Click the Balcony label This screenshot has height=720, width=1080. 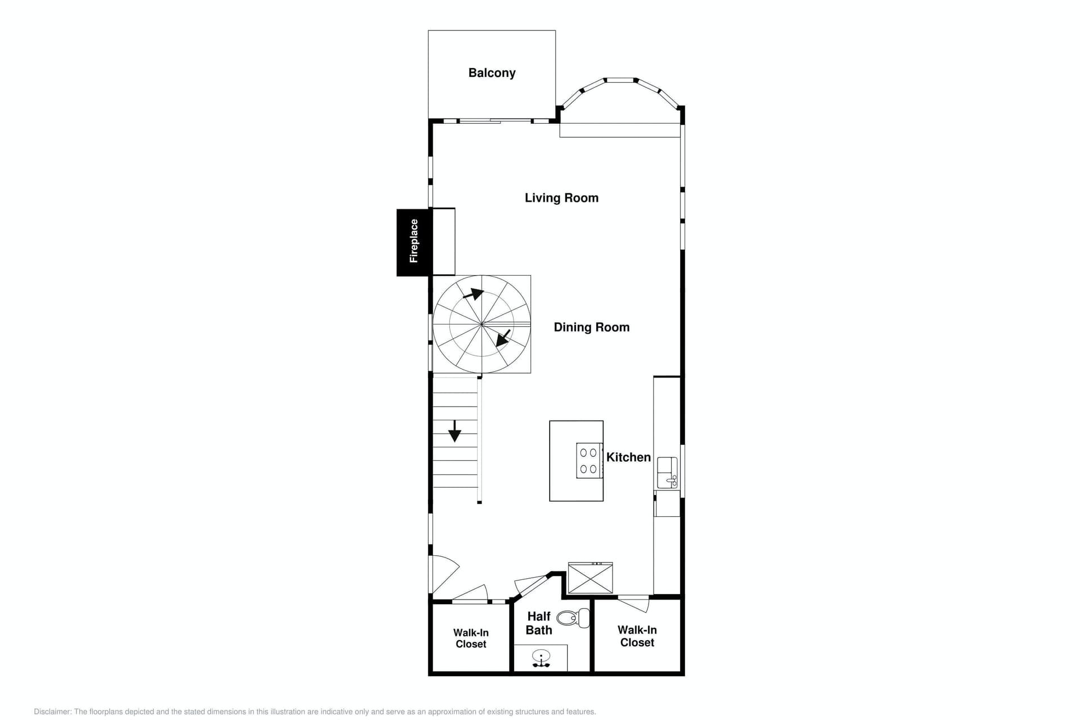click(x=492, y=73)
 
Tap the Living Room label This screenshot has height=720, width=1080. click(x=561, y=198)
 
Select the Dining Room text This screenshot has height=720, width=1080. click(x=591, y=327)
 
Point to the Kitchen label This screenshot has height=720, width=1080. click(x=628, y=457)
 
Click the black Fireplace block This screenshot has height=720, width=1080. click(x=414, y=242)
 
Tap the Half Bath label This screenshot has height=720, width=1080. click(x=539, y=623)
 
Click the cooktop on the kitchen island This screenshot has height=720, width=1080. click(x=589, y=461)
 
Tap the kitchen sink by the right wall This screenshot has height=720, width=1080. click(x=667, y=472)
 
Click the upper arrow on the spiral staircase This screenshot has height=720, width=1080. click(x=473, y=294)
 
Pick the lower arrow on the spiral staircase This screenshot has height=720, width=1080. click(x=503, y=338)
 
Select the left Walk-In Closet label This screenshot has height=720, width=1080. click(x=471, y=638)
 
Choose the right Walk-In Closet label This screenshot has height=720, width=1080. click(x=637, y=636)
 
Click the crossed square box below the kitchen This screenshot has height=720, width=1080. click(x=590, y=578)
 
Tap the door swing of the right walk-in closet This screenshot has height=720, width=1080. click(x=634, y=603)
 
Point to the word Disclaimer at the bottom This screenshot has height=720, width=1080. click(x=53, y=712)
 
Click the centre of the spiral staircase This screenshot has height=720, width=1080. click(x=482, y=324)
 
